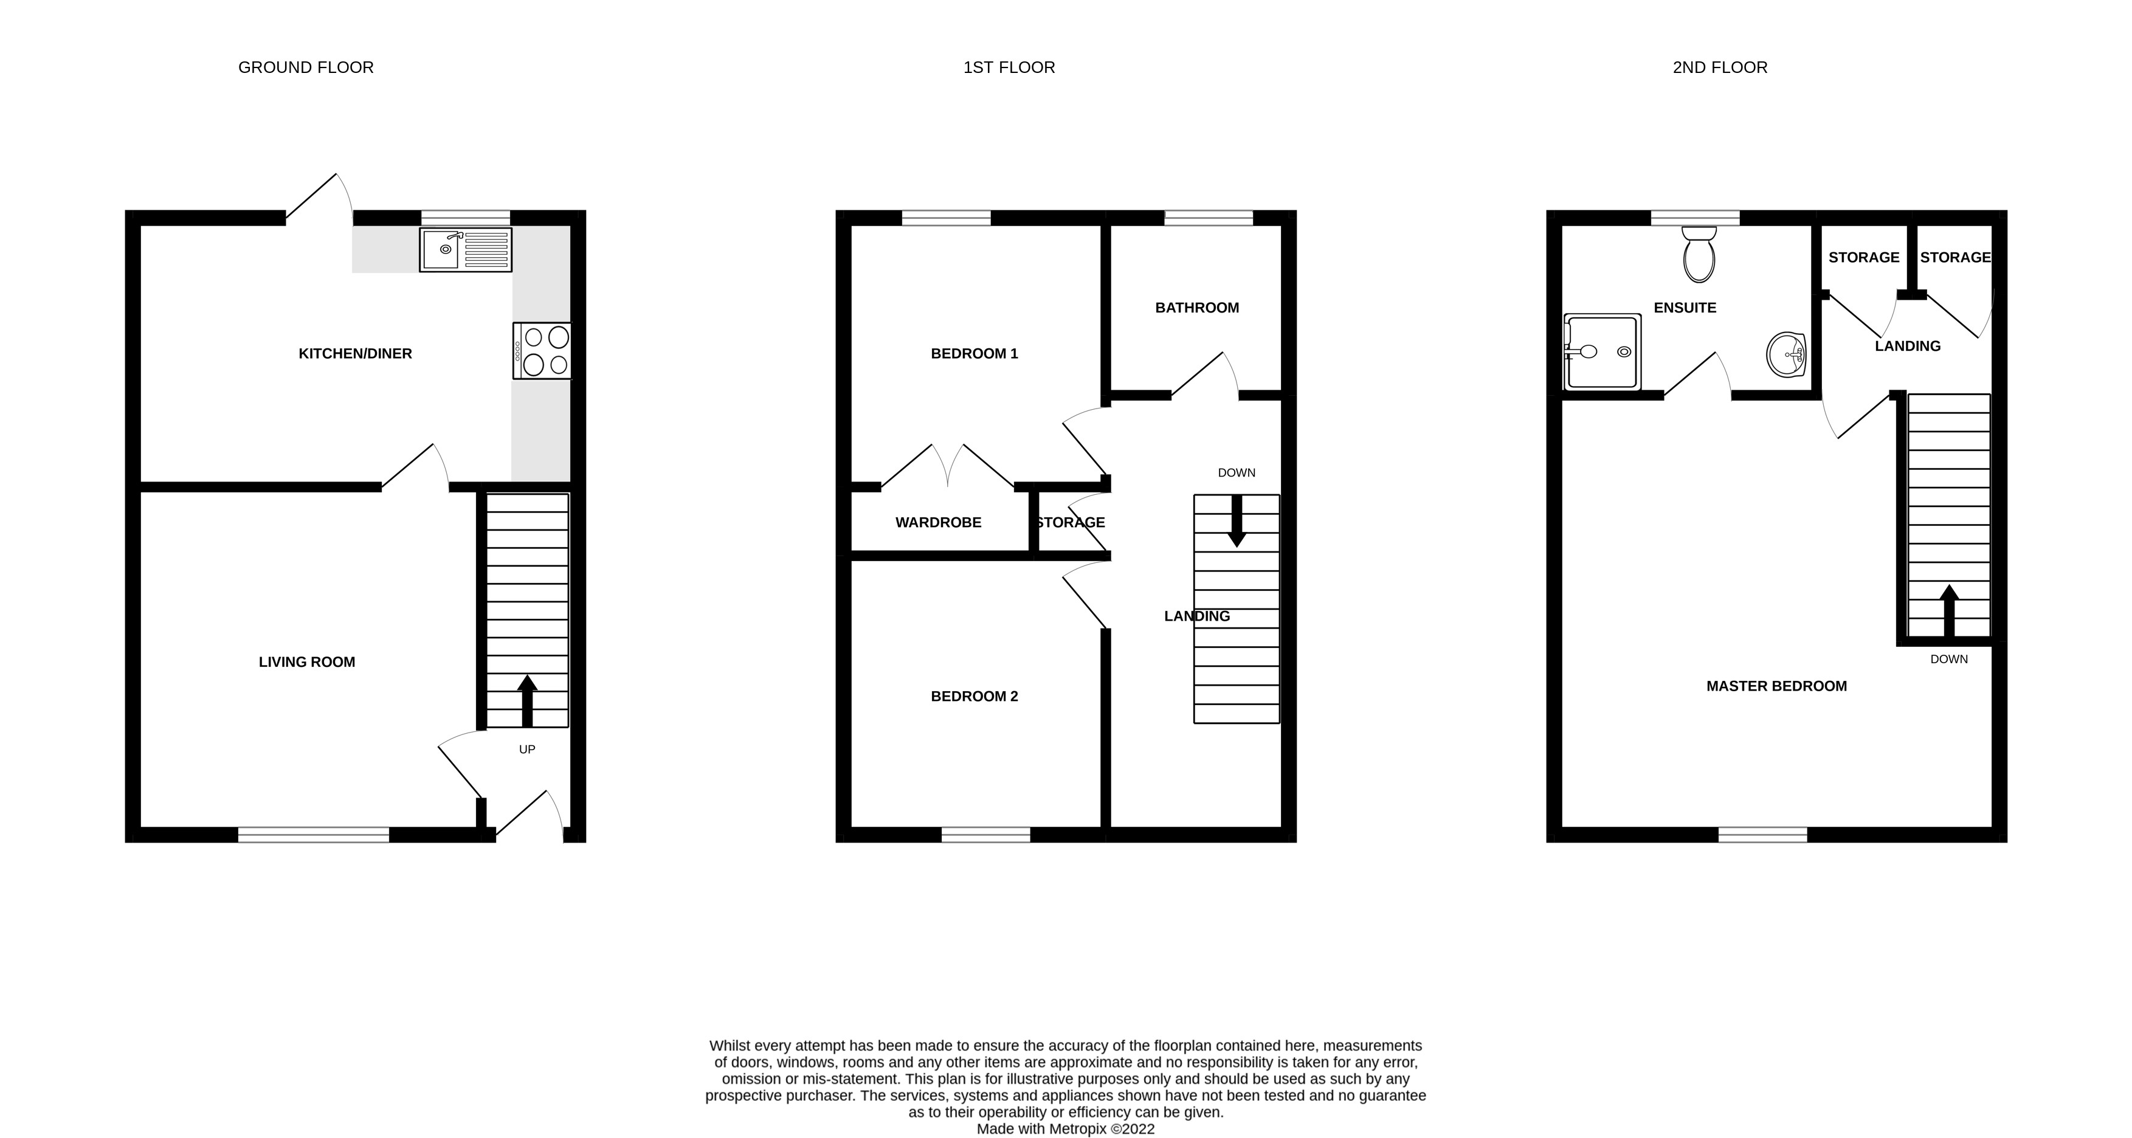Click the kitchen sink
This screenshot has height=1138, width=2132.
[465, 249]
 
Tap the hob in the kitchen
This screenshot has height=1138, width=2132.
[542, 351]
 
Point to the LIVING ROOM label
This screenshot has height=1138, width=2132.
[307, 662]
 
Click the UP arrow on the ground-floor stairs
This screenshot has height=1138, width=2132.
[527, 699]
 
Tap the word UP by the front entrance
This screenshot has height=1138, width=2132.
[527, 750]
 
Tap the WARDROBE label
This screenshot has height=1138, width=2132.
[939, 523]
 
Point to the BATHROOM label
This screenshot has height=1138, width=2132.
[1197, 308]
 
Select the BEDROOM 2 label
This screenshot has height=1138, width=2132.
[974, 697]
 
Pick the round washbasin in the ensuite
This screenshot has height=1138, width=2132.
[1786, 355]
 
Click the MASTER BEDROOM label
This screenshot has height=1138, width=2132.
[1776, 686]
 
